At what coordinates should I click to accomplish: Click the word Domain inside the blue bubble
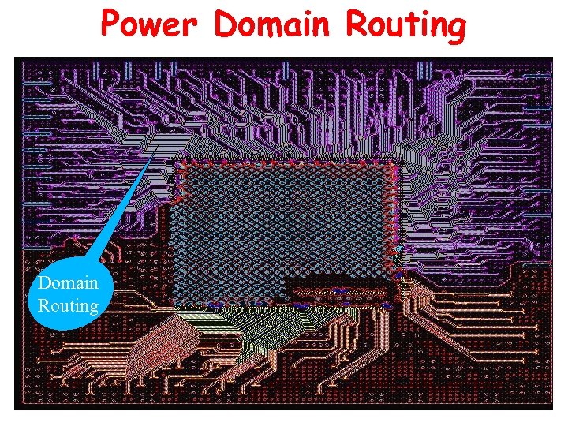pyautogui.click(x=68, y=283)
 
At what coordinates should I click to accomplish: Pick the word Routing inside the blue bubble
pyautogui.click(x=68, y=305)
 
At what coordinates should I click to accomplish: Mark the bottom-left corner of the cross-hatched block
pyautogui.click(x=175, y=304)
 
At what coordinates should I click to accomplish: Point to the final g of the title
pyautogui.click(x=456, y=29)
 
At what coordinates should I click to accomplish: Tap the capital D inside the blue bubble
pyautogui.click(x=44, y=283)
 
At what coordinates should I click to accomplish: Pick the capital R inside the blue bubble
pyautogui.click(x=43, y=305)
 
